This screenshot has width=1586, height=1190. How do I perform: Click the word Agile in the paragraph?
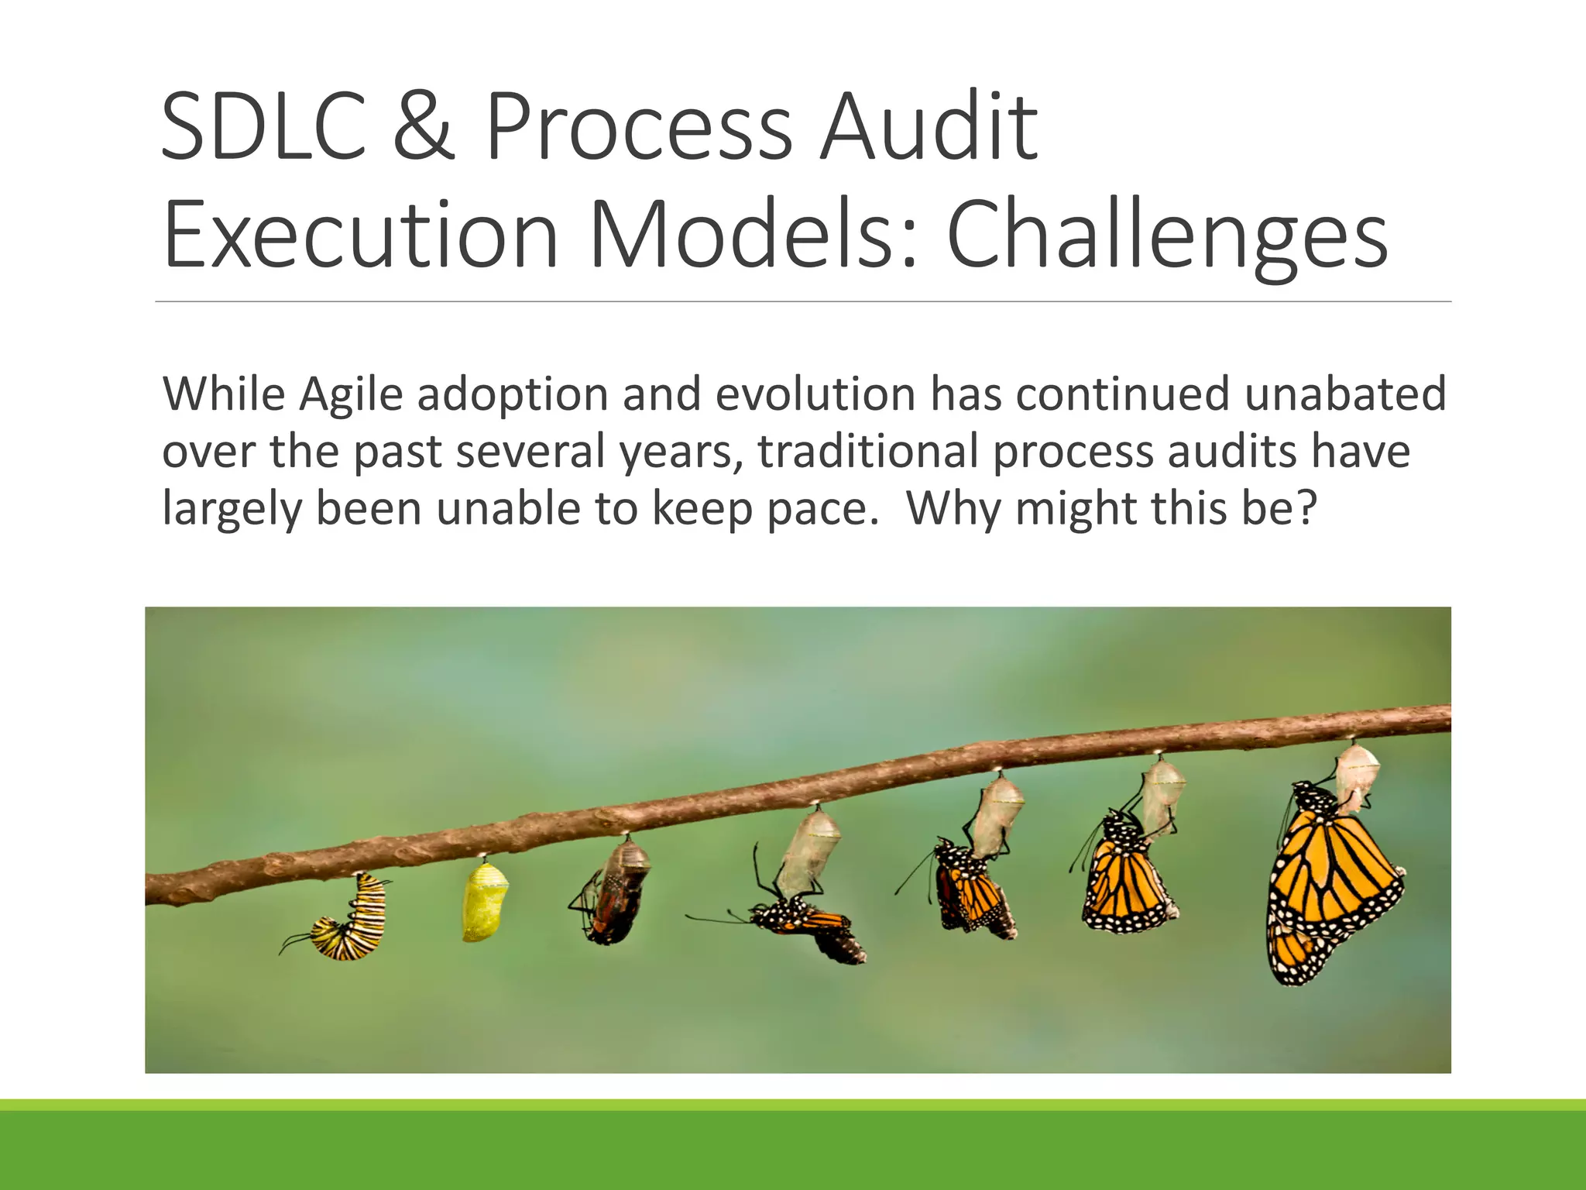coord(351,395)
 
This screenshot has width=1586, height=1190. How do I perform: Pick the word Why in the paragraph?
coord(953,510)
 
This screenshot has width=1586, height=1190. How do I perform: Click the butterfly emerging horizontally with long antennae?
coord(805,926)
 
